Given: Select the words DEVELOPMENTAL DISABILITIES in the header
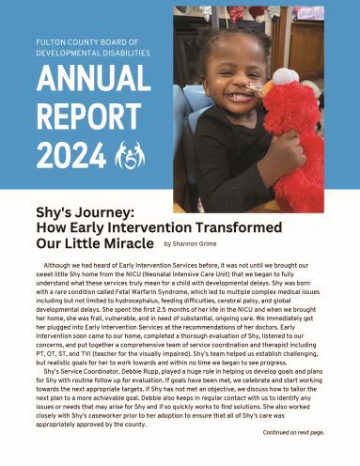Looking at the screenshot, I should [93, 54].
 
